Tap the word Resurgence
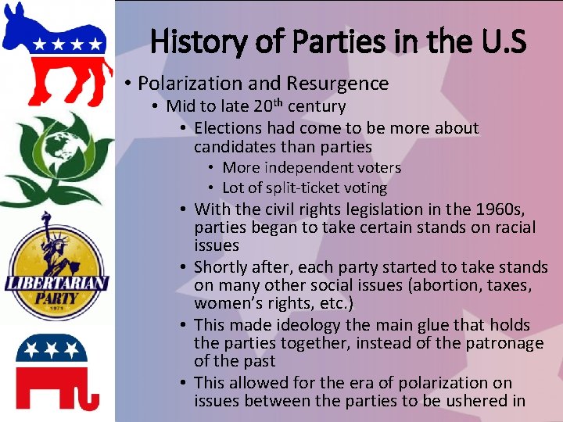pyautogui.click(x=337, y=84)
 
